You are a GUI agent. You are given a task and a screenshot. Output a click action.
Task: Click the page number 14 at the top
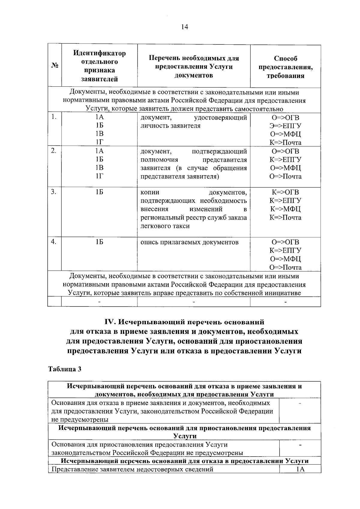pyautogui.click(x=184, y=27)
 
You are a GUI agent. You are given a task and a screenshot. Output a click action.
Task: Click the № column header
pyautogui.click(x=55, y=65)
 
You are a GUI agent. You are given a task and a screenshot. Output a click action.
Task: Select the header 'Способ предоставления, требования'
pyautogui.click(x=285, y=67)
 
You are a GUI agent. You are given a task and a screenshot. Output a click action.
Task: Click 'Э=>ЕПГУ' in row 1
pyautogui.click(x=285, y=126)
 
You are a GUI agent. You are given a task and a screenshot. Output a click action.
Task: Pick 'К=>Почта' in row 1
pyautogui.click(x=285, y=143)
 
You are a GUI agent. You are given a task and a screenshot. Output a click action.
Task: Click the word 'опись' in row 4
pyautogui.click(x=149, y=242)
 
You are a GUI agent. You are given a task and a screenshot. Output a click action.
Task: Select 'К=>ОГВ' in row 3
pyautogui.click(x=285, y=192)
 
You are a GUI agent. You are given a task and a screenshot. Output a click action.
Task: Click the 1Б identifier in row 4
pyautogui.click(x=99, y=242)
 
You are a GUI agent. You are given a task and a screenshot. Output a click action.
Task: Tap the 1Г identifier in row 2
pyautogui.click(x=99, y=176)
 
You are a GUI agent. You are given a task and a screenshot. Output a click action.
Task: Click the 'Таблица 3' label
pyautogui.click(x=65, y=369)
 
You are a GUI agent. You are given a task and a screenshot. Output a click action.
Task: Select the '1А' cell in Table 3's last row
pyautogui.click(x=300, y=469)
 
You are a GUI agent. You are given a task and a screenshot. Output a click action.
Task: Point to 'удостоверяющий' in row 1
pyautogui.click(x=220, y=118)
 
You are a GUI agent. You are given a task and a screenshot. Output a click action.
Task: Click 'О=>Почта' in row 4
pyautogui.click(x=285, y=268)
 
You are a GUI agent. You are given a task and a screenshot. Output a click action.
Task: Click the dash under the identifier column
pyautogui.click(x=99, y=302)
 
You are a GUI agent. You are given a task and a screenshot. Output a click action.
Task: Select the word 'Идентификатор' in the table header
pyautogui.click(x=99, y=53)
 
